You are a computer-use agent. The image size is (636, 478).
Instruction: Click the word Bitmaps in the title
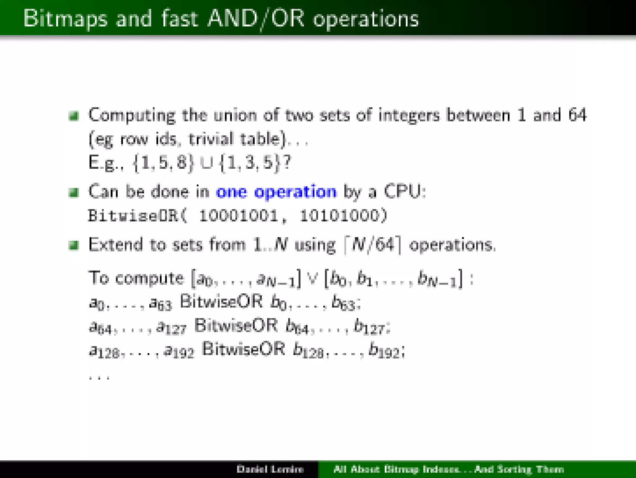tap(65, 19)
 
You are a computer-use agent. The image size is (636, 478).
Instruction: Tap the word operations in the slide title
tap(366, 20)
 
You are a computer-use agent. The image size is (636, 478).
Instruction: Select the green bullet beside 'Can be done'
tap(74, 193)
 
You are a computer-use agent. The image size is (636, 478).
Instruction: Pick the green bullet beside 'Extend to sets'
tap(74, 245)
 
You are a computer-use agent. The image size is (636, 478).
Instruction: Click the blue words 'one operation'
tap(276, 192)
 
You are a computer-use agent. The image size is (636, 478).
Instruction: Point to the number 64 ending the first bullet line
tap(577, 115)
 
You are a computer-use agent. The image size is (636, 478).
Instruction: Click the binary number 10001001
tap(238, 216)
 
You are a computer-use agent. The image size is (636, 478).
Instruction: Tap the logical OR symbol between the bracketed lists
tap(312, 279)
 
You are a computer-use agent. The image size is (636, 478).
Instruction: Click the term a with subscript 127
tap(171, 327)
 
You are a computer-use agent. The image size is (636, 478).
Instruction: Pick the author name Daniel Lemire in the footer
tap(270, 469)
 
